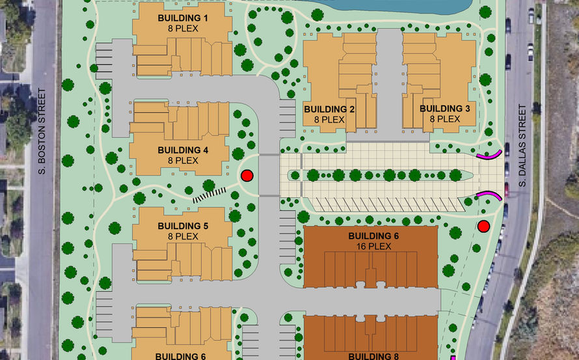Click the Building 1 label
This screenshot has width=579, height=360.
pos(182,18)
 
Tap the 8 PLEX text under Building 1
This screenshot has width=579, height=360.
pos(182,29)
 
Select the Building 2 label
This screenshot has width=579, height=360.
pos(329,109)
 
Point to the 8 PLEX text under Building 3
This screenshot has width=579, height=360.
pos(444,119)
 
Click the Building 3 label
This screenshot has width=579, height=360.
pos(444,108)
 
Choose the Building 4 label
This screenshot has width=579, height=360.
pos(182,150)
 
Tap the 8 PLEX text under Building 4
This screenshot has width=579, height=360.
pos(182,160)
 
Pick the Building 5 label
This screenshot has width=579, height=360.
pos(182,227)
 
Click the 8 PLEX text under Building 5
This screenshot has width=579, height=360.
pos(182,237)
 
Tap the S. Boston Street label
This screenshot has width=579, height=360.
pos(40,137)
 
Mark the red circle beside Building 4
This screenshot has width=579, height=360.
pos(247,176)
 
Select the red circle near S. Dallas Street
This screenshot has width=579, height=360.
pos(483,227)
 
